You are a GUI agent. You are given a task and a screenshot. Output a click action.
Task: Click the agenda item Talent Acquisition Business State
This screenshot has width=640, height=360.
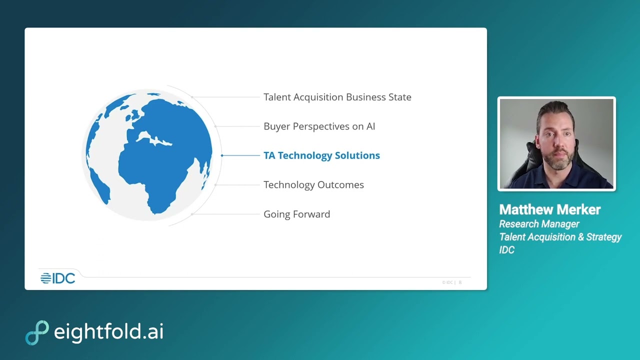click(337, 97)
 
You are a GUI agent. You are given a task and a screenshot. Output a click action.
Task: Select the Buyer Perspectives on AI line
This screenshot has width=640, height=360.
click(319, 126)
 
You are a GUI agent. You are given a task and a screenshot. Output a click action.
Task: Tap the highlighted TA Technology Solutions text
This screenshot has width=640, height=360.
click(321, 155)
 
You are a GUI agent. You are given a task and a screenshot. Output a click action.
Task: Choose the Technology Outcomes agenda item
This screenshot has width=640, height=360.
click(313, 185)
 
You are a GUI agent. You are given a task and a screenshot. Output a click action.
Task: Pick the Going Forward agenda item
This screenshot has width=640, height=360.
click(296, 214)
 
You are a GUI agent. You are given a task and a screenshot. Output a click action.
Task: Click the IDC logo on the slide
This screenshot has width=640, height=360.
click(57, 278)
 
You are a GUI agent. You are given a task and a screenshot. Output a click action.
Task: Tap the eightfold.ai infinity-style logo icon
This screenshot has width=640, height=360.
click(37, 332)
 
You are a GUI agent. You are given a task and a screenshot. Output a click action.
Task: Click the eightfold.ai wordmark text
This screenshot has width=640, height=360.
click(108, 332)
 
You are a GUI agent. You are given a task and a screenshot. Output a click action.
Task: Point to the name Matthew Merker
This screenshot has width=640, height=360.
click(549, 209)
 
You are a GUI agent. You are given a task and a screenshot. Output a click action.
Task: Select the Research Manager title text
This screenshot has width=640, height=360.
click(539, 224)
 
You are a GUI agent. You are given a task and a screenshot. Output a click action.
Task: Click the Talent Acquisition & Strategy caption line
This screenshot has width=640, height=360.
click(560, 237)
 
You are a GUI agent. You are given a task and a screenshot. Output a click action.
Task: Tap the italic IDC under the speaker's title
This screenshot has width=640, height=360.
click(506, 250)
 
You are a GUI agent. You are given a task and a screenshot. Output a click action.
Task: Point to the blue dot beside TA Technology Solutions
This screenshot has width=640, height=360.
click(222, 155)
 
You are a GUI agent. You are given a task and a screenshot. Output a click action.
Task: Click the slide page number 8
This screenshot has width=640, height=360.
click(460, 282)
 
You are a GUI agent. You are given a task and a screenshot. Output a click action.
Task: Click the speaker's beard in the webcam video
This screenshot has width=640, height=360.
click(556, 163)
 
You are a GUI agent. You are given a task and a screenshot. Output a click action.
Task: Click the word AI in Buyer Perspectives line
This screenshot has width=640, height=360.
click(370, 126)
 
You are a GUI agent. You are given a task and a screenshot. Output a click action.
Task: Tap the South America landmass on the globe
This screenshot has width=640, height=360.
click(97, 182)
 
